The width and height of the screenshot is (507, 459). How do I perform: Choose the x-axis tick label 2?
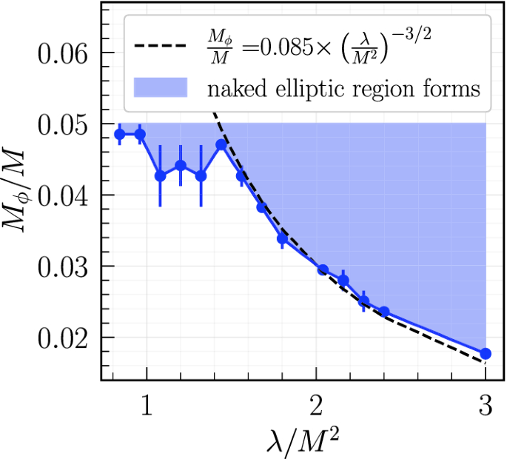pos(316,406)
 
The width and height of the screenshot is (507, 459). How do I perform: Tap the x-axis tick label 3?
pos(485,406)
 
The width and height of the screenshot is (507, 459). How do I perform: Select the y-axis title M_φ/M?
pos(18,195)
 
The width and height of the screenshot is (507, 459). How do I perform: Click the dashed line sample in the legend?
pos(158,46)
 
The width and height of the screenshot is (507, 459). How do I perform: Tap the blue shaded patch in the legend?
pos(160,89)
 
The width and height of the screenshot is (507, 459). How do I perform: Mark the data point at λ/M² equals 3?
pos(486,354)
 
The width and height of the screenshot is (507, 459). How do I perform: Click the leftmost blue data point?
pos(120,134)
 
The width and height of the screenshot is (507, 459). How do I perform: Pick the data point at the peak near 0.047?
pos(221,144)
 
